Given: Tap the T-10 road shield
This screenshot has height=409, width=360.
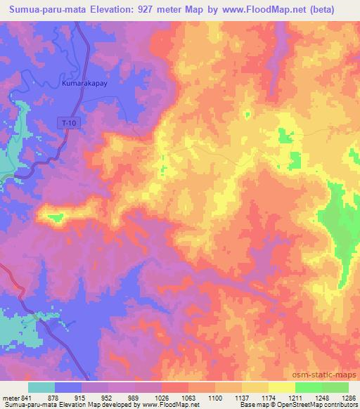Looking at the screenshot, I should pos(65,122).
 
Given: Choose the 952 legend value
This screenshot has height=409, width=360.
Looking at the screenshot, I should pos(108,398).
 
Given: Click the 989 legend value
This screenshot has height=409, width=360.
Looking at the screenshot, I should pos(135,398).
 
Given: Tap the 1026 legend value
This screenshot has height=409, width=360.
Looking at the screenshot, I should pos(162,398).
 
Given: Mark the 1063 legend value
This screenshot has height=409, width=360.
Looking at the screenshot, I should pos(188,398).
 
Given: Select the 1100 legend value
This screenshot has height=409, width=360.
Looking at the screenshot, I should pos(215,398).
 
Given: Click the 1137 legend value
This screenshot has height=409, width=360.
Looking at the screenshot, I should pos(242,398).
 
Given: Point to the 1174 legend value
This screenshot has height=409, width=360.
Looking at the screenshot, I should pos(269,398).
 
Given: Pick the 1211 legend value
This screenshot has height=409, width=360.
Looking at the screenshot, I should pos(295,398).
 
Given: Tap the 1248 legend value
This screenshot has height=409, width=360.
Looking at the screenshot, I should pos(322,398).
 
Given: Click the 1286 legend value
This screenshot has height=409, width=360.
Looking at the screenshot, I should pos(347,398).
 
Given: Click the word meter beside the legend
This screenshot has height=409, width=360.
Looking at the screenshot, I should pos(11,398).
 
